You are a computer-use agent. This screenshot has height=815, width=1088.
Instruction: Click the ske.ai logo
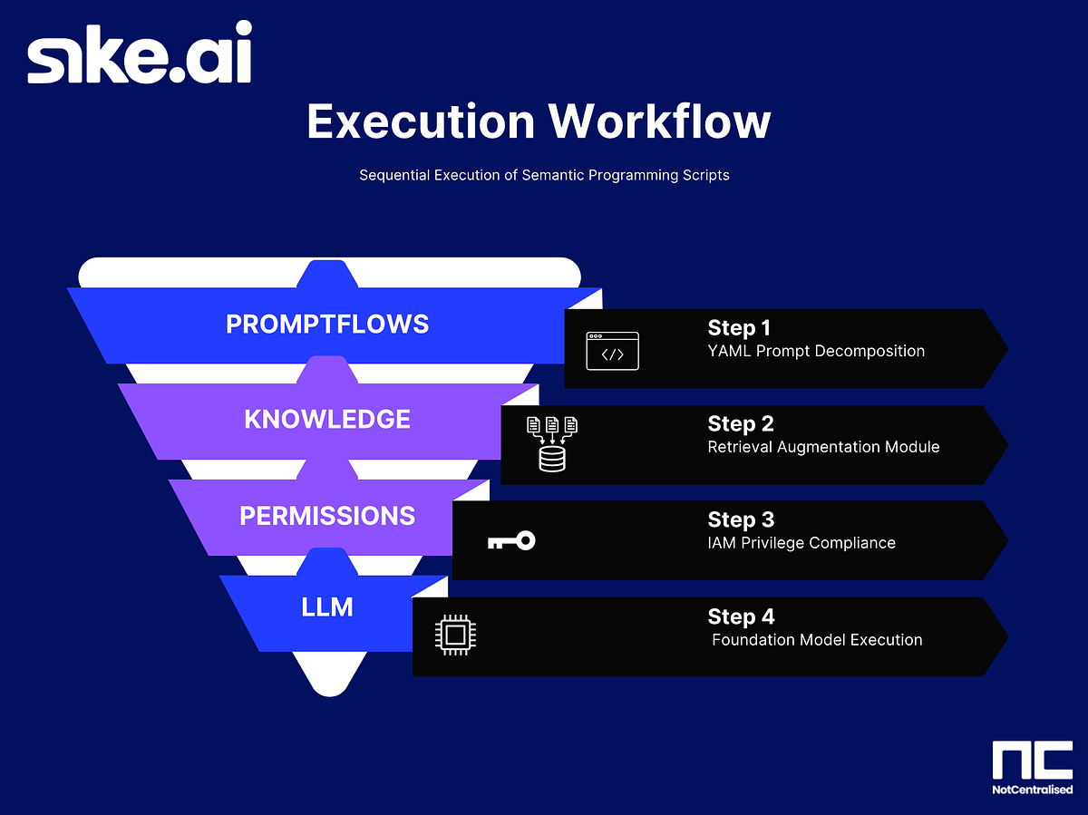coord(139,59)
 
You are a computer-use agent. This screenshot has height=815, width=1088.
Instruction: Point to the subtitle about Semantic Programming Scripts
coord(544,175)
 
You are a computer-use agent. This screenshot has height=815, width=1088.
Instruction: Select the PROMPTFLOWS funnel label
coord(327,324)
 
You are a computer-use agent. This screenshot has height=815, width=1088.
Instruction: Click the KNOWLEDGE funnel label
coord(327,419)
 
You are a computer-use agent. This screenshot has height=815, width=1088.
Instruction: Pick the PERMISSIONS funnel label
coord(327,516)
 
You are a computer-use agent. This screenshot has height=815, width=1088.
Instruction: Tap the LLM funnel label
coord(327,607)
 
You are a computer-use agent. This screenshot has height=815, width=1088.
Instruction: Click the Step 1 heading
coord(739,327)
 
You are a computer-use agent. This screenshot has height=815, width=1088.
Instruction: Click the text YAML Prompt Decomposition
coord(816,351)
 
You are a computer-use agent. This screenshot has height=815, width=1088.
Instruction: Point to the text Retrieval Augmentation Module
coord(823,447)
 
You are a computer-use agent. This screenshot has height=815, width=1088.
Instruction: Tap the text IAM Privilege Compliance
coord(801,543)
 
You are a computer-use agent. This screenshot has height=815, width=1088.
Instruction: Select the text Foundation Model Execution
coord(817,640)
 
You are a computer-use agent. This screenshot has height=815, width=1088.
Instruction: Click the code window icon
coord(613,351)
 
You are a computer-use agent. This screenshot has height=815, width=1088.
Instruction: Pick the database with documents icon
coord(551,444)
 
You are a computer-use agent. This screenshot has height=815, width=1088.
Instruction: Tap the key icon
coord(511,541)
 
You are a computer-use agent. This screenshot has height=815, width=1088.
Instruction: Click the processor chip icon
coord(456,634)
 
